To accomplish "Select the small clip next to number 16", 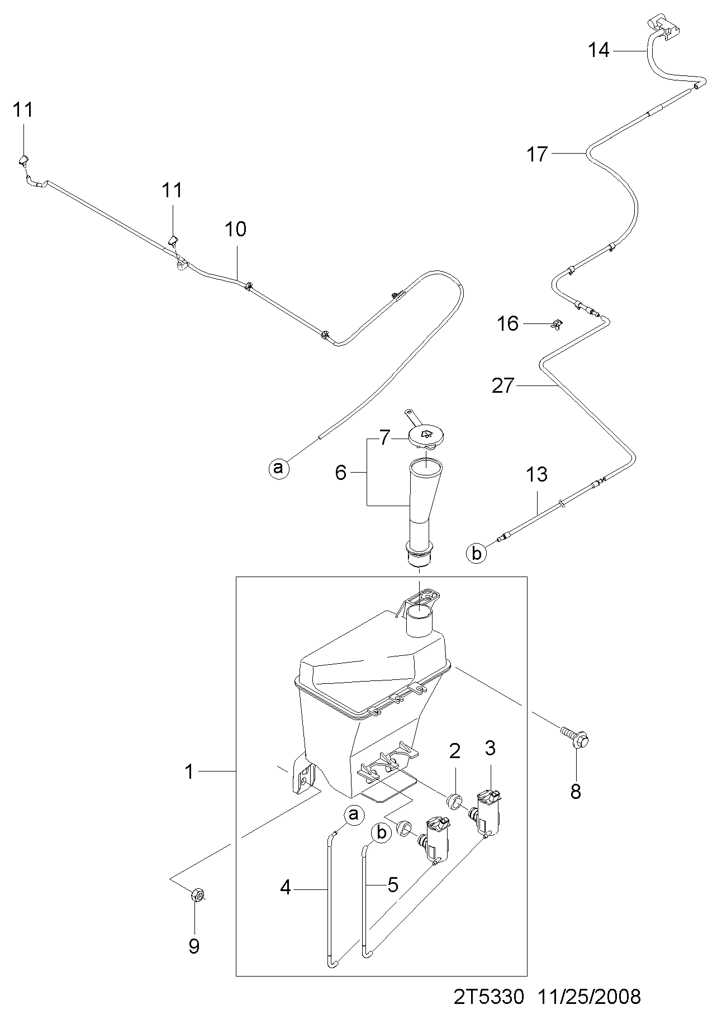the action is (557, 323).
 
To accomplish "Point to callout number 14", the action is (598, 50).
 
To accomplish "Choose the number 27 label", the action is (502, 385).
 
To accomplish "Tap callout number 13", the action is (536, 474).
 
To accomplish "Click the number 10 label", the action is (236, 228).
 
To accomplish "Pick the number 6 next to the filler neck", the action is (341, 473).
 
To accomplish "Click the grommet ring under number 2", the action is (456, 801).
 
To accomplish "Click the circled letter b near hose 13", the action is (476, 553).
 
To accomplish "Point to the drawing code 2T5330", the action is (488, 996).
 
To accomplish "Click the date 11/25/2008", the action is (590, 996).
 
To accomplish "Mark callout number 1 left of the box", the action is (189, 772).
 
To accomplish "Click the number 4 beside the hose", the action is (286, 887).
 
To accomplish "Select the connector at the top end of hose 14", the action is (664, 26).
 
